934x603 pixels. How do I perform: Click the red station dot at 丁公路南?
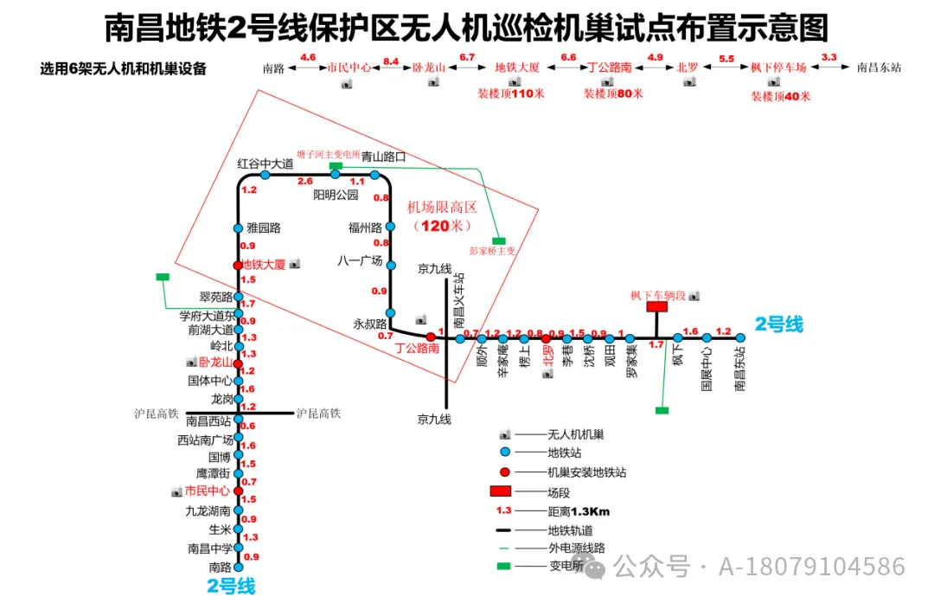[x=431, y=337]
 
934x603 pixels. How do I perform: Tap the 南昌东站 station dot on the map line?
[x=740, y=338]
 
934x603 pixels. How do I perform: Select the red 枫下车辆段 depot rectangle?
[x=657, y=306]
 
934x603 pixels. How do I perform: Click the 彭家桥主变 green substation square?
[x=498, y=241]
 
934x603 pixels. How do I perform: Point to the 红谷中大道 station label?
[x=265, y=163]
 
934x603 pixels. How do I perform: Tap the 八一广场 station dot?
[x=391, y=265]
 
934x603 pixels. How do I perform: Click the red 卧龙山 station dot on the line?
[x=238, y=364]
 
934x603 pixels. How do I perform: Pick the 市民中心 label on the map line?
[x=208, y=491]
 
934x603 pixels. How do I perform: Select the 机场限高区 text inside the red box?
[x=442, y=208]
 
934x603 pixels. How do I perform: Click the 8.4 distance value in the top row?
[x=391, y=59]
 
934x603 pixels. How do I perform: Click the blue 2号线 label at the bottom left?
[x=231, y=586]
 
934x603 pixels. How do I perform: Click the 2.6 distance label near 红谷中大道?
[x=304, y=181]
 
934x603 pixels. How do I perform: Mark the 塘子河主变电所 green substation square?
[x=336, y=164]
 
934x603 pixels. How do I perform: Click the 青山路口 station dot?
[x=375, y=175]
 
